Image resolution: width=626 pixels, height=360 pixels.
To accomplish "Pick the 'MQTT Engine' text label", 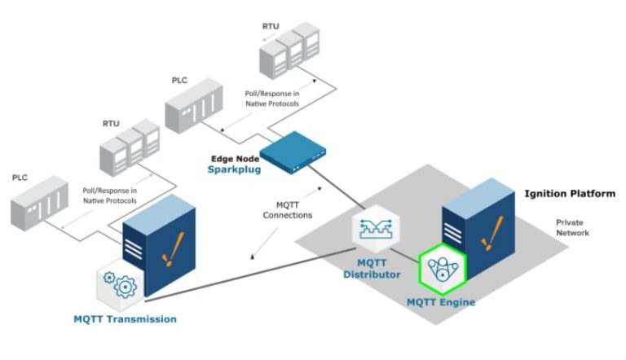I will (x=440, y=302).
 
